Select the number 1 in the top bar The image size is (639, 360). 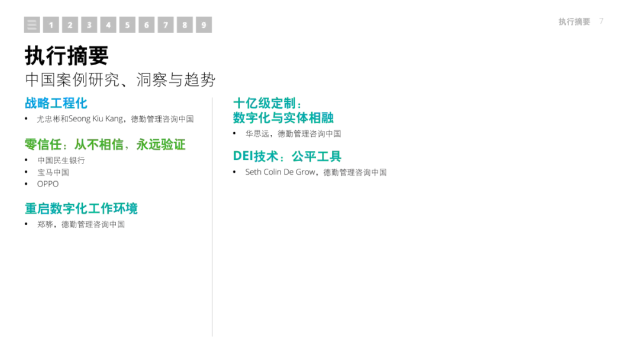tap(51, 25)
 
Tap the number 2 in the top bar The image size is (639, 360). tap(70, 25)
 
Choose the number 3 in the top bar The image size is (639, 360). tap(89, 25)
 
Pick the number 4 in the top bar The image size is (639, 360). tap(108, 25)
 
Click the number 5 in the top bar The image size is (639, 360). tap(127, 25)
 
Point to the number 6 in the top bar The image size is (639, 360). tap(146, 25)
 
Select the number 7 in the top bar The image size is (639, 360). tap(166, 25)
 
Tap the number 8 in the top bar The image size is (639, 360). tap(185, 25)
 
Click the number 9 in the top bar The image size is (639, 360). tap(204, 25)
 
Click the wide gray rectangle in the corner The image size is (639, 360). tap(575, 21)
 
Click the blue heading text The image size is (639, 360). tap(56, 104)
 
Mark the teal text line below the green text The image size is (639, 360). tap(82, 208)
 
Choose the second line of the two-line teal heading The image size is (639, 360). tap(283, 118)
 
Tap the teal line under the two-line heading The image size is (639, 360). tap(287, 157)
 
